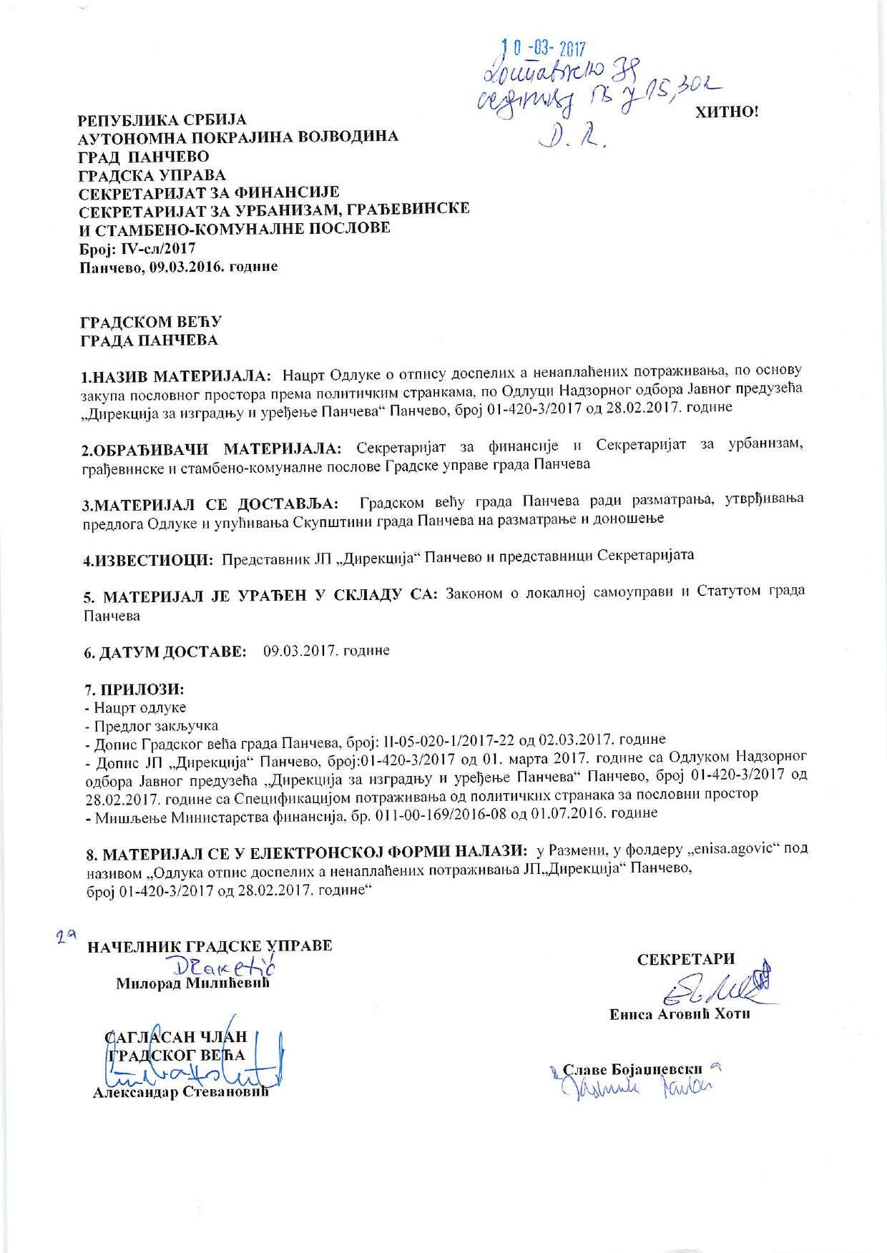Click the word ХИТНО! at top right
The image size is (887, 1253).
725,113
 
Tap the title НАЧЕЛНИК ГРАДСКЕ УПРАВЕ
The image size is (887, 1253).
210,945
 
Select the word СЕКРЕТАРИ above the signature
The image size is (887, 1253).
686,960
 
